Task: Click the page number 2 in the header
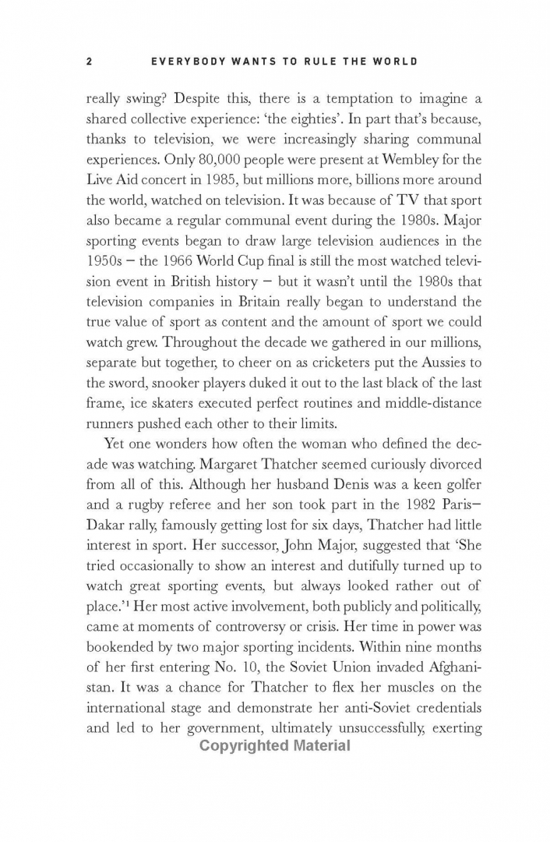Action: (x=90, y=62)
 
